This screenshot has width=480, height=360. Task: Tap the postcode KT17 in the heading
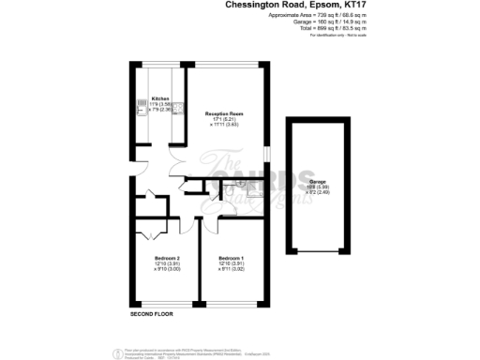(361, 6)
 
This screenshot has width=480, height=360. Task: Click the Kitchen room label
(160, 98)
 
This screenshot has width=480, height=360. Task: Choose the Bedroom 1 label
(231, 258)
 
